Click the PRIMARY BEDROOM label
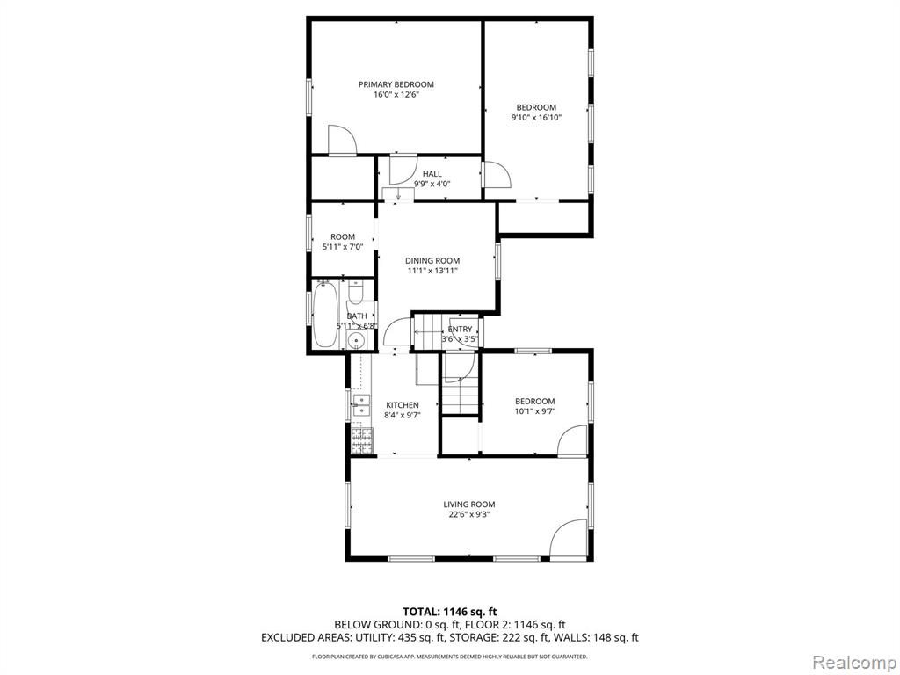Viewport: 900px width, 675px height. click(x=396, y=84)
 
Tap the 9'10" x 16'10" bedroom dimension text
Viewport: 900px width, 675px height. click(x=536, y=118)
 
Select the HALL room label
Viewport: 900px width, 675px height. click(x=432, y=174)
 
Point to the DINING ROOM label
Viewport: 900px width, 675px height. click(x=432, y=260)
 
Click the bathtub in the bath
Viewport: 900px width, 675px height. click(x=324, y=316)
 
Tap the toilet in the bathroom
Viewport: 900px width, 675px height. click(x=356, y=291)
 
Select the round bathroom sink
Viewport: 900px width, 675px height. click(x=358, y=342)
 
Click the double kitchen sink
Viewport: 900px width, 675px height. click(x=361, y=404)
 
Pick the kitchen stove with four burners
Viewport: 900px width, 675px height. click(x=361, y=439)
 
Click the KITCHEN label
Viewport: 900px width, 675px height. click(x=403, y=405)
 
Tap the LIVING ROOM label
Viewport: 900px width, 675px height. click(x=469, y=504)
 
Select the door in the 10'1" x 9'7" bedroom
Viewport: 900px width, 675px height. click(x=572, y=440)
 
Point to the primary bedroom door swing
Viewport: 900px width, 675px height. click(x=342, y=140)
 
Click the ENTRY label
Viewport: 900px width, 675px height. click(x=460, y=330)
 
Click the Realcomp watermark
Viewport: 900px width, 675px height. click(x=854, y=662)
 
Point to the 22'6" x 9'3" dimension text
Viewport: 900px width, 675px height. click(x=469, y=515)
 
